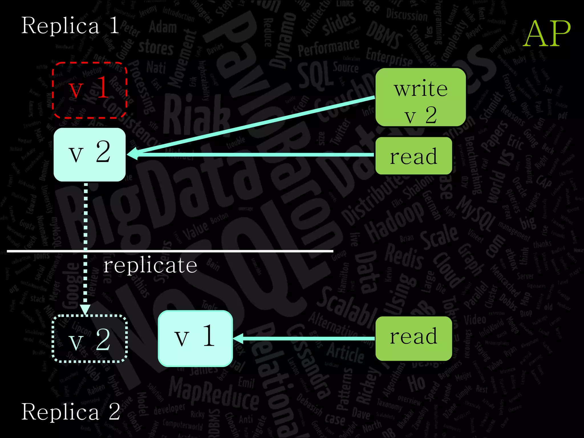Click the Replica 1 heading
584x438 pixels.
(70, 26)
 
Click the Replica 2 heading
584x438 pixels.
(71, 411)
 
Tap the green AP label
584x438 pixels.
(547, 34)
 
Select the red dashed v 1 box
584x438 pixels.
(89, 90)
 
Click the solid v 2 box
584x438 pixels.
(90, 154)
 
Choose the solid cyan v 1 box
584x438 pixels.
(195, 338)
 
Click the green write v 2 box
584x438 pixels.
(421, 97)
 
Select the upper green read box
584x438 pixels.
(413, 156)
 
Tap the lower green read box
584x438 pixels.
(413, 338)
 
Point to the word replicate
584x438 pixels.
(150, 265)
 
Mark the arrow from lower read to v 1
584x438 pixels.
(305, 338)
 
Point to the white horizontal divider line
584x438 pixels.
(200, 251)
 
